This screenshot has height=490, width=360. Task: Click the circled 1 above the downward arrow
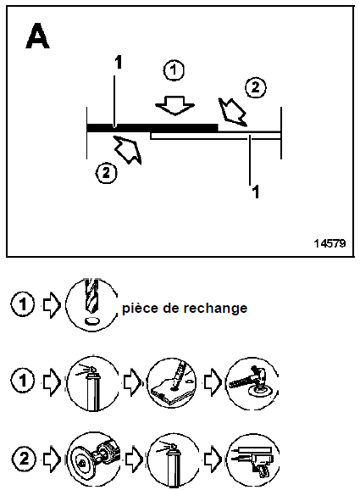174,71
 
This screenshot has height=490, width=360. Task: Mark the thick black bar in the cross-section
152,127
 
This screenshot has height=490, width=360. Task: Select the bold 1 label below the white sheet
252,191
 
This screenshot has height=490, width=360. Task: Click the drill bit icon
92,304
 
